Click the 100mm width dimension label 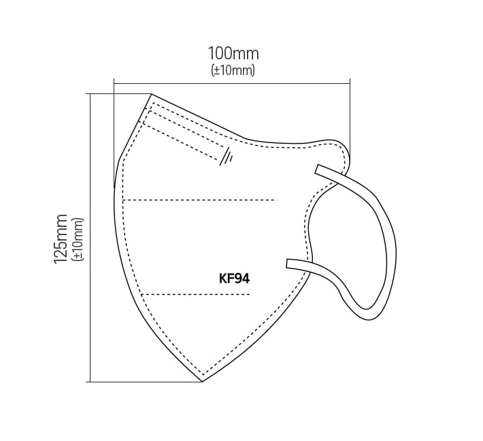click(x=233, y=54)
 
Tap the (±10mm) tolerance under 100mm click(x=233, y=70)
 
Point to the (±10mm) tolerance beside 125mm click(x=78, y=239)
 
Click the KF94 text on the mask click(x=235, y=279)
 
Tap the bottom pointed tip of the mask click(x=202, y=382)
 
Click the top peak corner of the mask click(x=152, y=94)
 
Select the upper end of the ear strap click(x=317, y=169)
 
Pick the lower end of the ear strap click(x=288, y=263)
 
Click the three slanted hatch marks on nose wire click(x=227, y=157)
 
